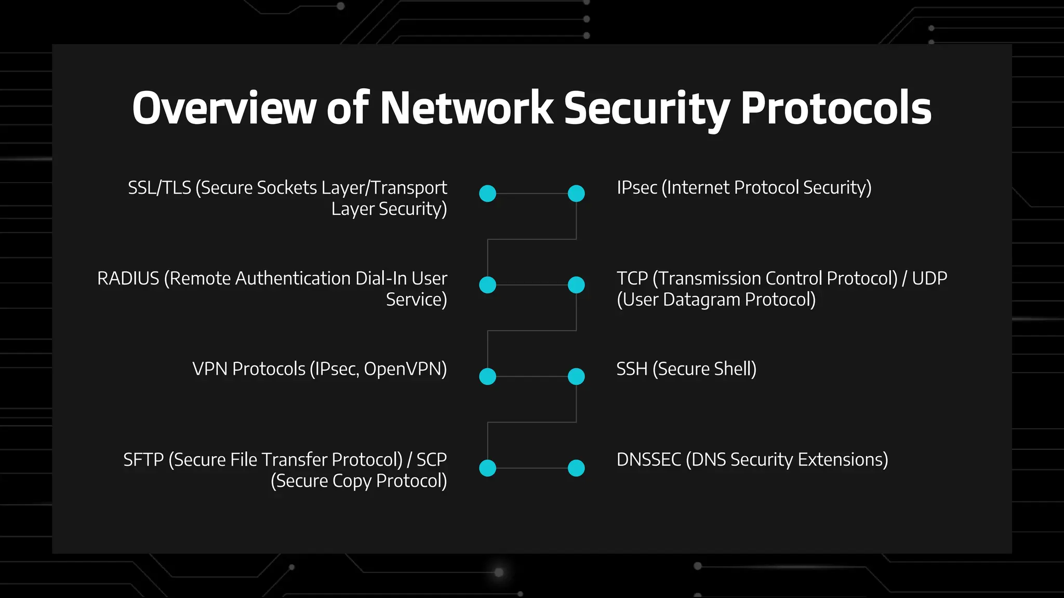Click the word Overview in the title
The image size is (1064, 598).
(x=224, y=108)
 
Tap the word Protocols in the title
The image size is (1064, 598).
(x=835, y=108)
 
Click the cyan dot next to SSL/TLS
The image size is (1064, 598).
(x=487, y=194)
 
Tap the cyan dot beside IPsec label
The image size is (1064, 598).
(x=576, y=194)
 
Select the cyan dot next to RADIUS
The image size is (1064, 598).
(x=487, y=285)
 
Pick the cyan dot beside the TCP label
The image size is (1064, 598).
(x=576, y=285)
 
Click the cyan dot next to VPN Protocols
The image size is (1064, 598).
(x=487, y=376)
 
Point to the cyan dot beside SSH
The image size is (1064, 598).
(x=576, y=376)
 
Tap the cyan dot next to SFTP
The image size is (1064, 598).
(x=487, y=468)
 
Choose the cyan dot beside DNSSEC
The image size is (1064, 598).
(x=576, y=468)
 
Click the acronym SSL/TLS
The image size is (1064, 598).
(x=159, y=188)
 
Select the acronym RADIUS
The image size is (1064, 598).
(x=128, y=279)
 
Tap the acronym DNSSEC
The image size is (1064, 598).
(x=648, y=460)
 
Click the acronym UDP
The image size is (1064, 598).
(x=929, y=279)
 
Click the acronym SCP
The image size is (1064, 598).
(x=431, y=460)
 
